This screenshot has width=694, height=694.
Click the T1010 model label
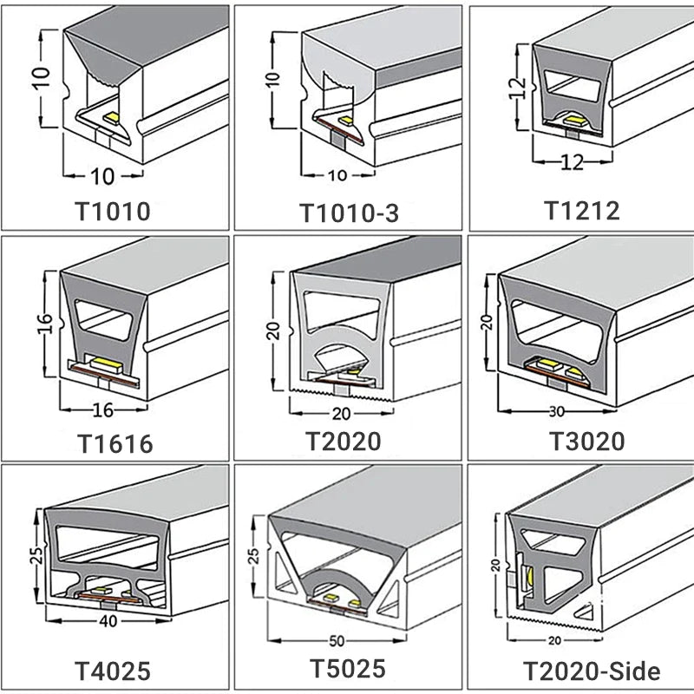[x=114, y=211]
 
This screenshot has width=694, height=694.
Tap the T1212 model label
[x=582, y=210]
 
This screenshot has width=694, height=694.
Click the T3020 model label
[x=587, y=441]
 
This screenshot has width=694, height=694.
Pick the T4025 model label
[x=114, y=671]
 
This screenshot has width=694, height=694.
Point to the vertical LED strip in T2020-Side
[x=527, y=572]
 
